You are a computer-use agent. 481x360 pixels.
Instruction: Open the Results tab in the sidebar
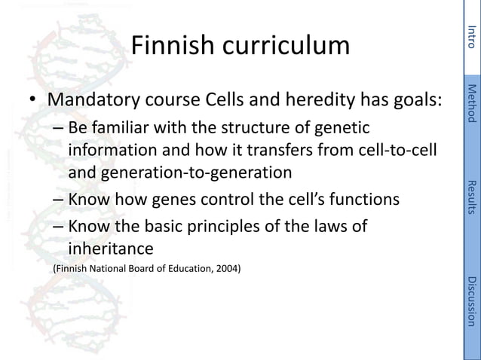[x=471, y=197]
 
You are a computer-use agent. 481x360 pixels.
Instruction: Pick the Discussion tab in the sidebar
[x=471, y=301]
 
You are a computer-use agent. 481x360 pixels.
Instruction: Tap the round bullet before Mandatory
[x=33, y=101]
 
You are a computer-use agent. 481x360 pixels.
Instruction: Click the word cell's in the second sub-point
[x=317, y=201]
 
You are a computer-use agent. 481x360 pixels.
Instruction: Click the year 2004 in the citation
[x=228, y=267]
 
